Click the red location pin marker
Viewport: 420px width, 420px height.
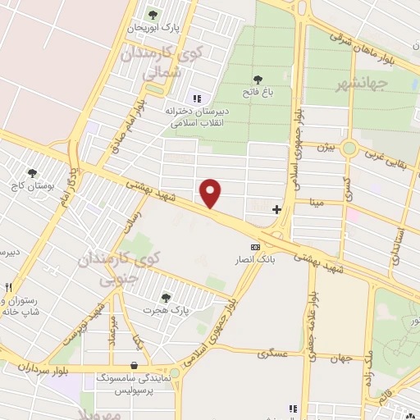pyautogui.click(x=212, y=193)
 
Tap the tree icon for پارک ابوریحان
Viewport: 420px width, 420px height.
pyautogui.click(x=152, y=14)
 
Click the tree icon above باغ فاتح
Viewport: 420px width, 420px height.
pyautogui.click(x=258, y=80)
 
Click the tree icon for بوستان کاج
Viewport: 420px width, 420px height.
pyautogui.click(x=32, y=173)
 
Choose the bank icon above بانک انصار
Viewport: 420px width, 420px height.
pyautogui.click(x=255, y=247)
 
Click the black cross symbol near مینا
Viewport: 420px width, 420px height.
pyautogui.click(x=276, y=209)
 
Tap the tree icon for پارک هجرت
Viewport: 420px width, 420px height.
pyautogui.click(x=167, y=298)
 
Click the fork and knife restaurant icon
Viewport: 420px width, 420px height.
pyautogui.click(x=9, y=288)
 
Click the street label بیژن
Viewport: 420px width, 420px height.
pyautogui.click(x=326, y=148)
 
